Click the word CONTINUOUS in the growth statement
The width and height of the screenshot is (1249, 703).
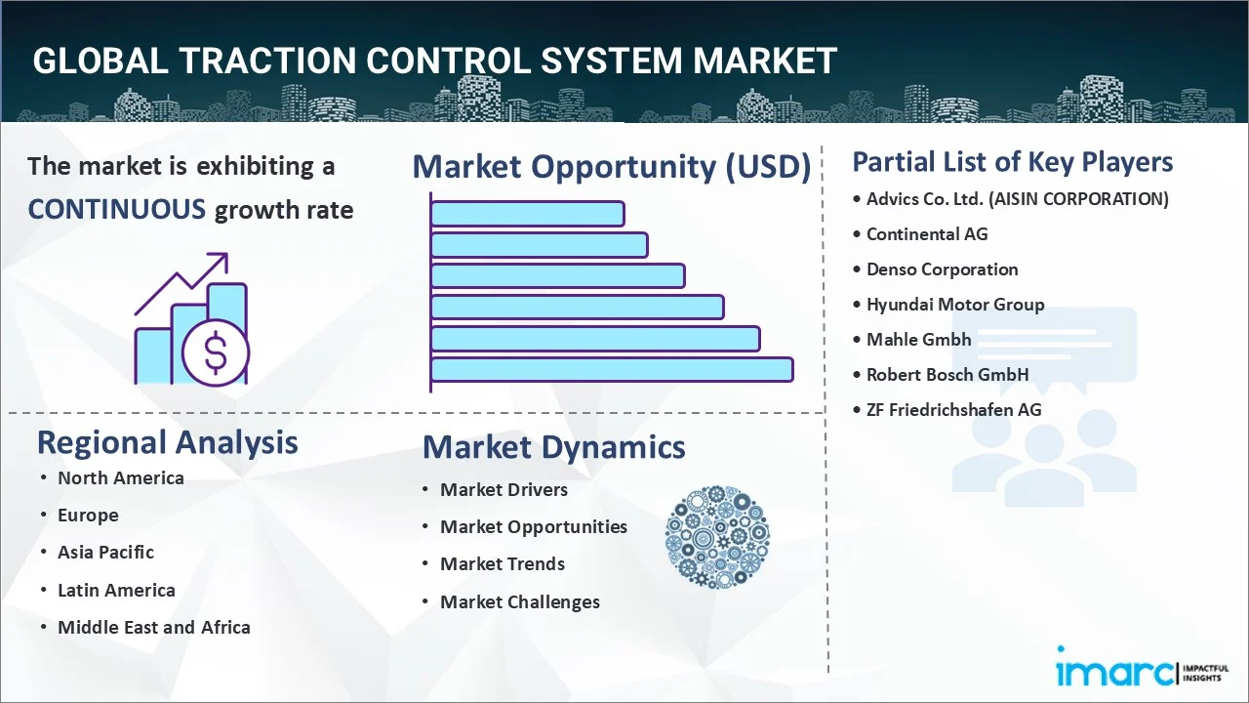click(116, 209)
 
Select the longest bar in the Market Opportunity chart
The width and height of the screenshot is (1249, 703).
click(612, 369)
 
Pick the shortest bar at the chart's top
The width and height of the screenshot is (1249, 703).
click(527, 213)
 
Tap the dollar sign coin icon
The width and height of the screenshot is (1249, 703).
click(216, 353)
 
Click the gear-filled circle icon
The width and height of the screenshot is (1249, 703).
click(717, 537)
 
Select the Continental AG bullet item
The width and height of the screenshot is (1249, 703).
click(927, 234)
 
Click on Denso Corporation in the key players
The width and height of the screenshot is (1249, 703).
click(942, 269)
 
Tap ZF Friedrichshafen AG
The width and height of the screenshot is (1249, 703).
click(953, 410)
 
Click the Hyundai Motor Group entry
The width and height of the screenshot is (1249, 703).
click(955, 305)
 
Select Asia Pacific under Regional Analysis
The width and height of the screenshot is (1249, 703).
click(105, 553)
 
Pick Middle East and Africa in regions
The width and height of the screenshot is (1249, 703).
click(153, 628)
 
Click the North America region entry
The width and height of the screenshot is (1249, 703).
click(120, 478)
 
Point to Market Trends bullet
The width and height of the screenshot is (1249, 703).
click(502, 564)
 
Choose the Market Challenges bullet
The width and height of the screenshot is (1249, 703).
click(519, 602)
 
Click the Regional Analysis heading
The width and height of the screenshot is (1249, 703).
click(167, 442)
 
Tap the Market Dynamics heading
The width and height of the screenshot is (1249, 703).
click(553, 447)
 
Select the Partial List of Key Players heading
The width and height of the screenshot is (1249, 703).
click(1012, 161)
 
